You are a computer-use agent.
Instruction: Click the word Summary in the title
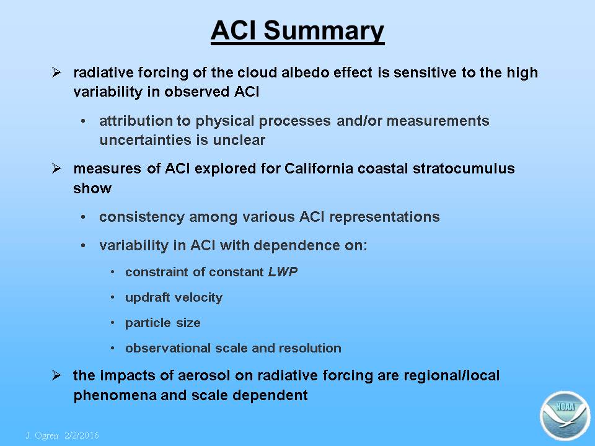coord(324,31)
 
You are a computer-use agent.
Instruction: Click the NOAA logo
coord(565,416)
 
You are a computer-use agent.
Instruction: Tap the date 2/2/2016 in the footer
coord(82,435)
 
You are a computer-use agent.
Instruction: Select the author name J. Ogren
coord(42,435)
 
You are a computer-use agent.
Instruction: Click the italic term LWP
coord(283,272)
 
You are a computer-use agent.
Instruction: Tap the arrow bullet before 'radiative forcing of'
coord(56,72)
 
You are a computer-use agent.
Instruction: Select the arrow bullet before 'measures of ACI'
coord(56,168)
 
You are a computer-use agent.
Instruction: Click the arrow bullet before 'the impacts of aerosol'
coord(56,375)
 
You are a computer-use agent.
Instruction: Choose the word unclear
coord(239,140)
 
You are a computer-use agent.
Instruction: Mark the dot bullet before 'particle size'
coord(113,323)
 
